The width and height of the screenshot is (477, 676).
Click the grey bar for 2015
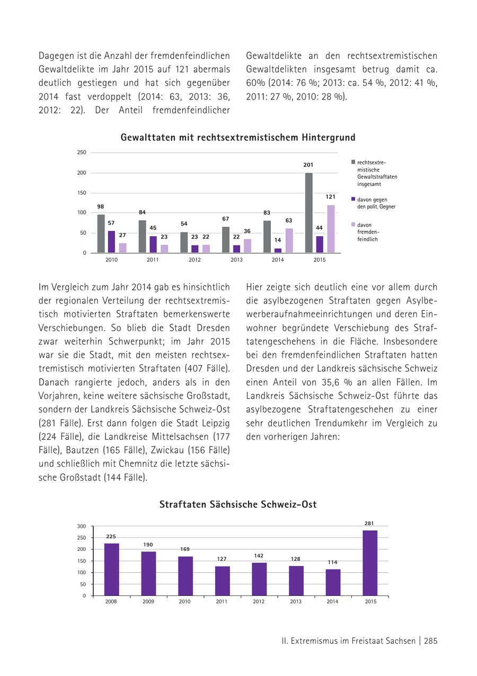point(309,212)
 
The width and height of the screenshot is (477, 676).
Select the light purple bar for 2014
point(289,241)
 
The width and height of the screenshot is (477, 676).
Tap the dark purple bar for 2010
point(111,242)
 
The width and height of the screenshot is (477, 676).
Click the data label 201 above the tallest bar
point(308,165)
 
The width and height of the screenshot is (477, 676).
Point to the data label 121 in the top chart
point(330,197)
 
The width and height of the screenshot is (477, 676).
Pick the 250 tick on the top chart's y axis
point(82,153)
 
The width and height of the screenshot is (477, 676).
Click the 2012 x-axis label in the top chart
point(195,260)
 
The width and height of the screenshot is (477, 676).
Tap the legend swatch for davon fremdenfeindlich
point(353,225)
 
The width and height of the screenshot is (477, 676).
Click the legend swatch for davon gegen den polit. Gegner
point(353,199)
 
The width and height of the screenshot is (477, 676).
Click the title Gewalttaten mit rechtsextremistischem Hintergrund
point(238,138)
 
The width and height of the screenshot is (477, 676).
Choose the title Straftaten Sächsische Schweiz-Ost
point(238,505)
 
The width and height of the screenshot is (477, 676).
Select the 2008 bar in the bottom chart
point(111,570)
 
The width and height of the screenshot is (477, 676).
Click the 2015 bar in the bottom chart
point(370,563)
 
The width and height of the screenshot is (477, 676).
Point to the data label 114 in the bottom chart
point(333,562)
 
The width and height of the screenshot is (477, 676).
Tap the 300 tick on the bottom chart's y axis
point(82,526)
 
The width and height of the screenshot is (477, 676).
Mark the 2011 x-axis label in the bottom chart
point(222,602)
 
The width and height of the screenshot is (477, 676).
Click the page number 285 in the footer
point(430,641)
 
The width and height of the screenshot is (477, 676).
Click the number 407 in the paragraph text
point(193,368)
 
